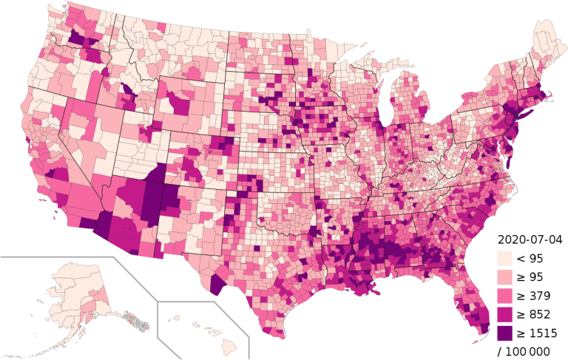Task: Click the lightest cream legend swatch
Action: (x=505, y=259)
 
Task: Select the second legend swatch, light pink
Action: (x=505, y=277)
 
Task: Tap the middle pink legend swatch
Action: (x=505, y=296)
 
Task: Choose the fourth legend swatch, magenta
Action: (x=505, y=314)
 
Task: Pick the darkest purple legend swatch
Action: (x=505, y=333)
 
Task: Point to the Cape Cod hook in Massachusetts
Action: (x=552, y=98)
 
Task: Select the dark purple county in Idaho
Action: (x=127, y=90)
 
